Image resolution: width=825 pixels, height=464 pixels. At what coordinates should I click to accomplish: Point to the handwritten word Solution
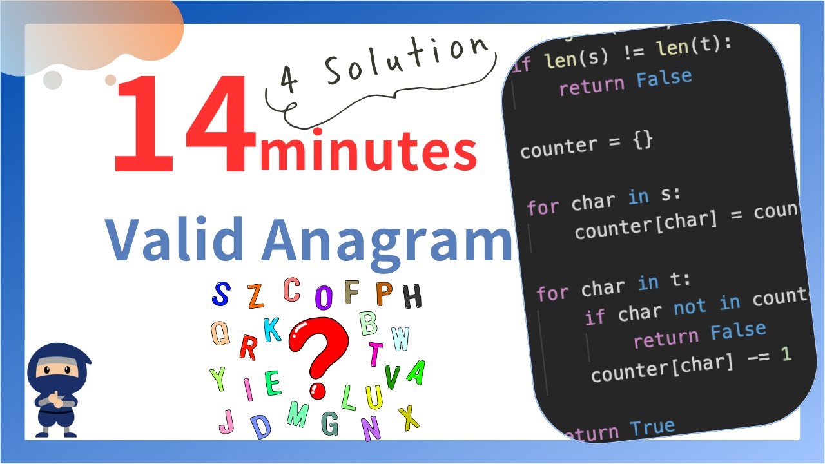pyautogui.click(x=406, y=61)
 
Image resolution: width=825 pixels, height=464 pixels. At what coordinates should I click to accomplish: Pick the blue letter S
pyautogui.click(x=221, y=295)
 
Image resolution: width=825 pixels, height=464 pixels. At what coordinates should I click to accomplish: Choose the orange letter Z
pyautogui.click(x=256, y=296)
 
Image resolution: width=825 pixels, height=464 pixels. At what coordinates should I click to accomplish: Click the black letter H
pyautogui.click(x=412, y=296)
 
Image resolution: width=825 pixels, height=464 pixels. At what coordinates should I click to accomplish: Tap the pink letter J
pyautogui.click(x=226, y=421)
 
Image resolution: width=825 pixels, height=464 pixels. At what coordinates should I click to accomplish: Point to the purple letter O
pyautogui.click(x=324, y=297)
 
